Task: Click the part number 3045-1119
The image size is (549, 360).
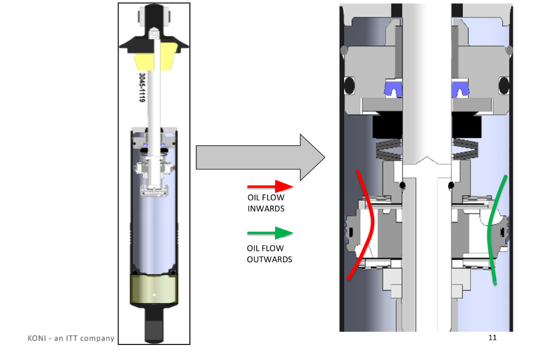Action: tap(142, 88)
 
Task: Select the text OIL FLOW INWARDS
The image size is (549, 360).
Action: tap(266, 203)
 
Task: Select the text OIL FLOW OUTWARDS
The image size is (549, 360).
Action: tap(269, 254)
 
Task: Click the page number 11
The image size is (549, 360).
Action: tap(492, 337)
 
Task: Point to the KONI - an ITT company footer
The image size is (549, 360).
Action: tap(71, 338)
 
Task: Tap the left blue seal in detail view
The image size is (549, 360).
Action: tap(393, 87)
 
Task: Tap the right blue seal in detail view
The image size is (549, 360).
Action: tap(460, 87)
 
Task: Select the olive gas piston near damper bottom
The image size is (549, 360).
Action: tap(154, 289)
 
